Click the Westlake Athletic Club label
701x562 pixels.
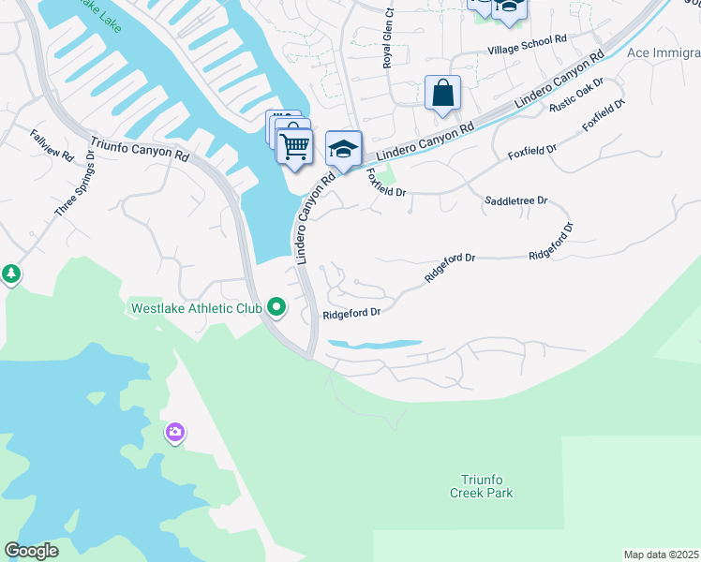pyautogui.click(x=195, y=307)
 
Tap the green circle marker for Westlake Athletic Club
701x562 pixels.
pyautogui.click(x=276, y=306)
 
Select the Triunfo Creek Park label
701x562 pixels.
pyautogui.click(x=482, y=486)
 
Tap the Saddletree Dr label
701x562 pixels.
pyautogui.click(x=515, y=201)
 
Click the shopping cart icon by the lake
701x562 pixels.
pyautogui.click(x=294, y=145)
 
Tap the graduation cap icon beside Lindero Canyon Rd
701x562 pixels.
pyautogui.click(x=343, y=149)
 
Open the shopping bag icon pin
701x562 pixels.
pyautogui.click(x=442, y=94)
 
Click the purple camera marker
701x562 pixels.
pyautogui.click(x=174, y=432)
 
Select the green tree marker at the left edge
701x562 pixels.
pyautogui.click(x=11, y=274)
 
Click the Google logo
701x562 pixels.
pyautogui.click(x=32, y=551)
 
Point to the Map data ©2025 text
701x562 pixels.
pyautogui.click(x=661, y=555)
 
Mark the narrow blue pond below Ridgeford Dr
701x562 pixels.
pyautogui.click(x=374, y=345)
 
